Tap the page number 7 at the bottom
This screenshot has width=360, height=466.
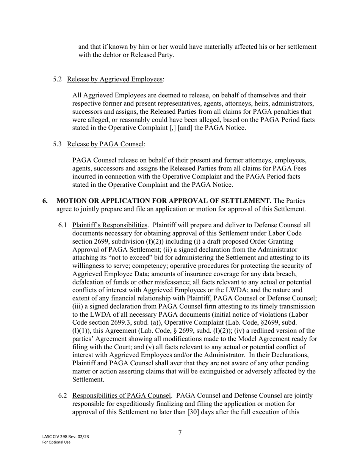(x=180, y=433)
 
